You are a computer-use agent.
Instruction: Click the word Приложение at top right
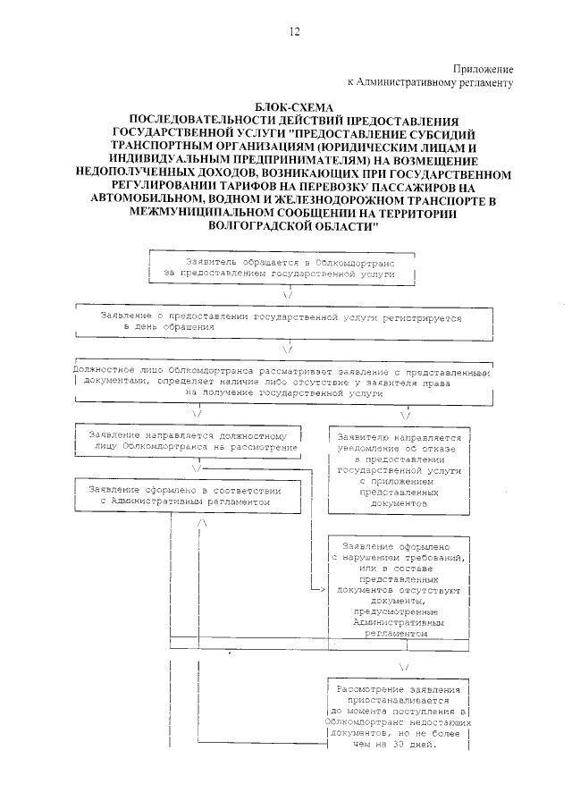click(483, 68)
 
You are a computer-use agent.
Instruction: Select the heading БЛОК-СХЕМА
click(292, 106)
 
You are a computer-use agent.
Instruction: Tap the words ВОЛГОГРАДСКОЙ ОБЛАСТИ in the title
click(293, 227)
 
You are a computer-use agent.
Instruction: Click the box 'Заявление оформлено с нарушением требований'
click(400, 588)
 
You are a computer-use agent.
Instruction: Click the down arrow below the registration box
click(288, 349)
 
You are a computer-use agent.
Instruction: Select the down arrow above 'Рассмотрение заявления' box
click(405, 668)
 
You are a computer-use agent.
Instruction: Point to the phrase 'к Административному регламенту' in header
click(436, 82)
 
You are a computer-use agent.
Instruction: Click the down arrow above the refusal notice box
click(405, 415)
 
